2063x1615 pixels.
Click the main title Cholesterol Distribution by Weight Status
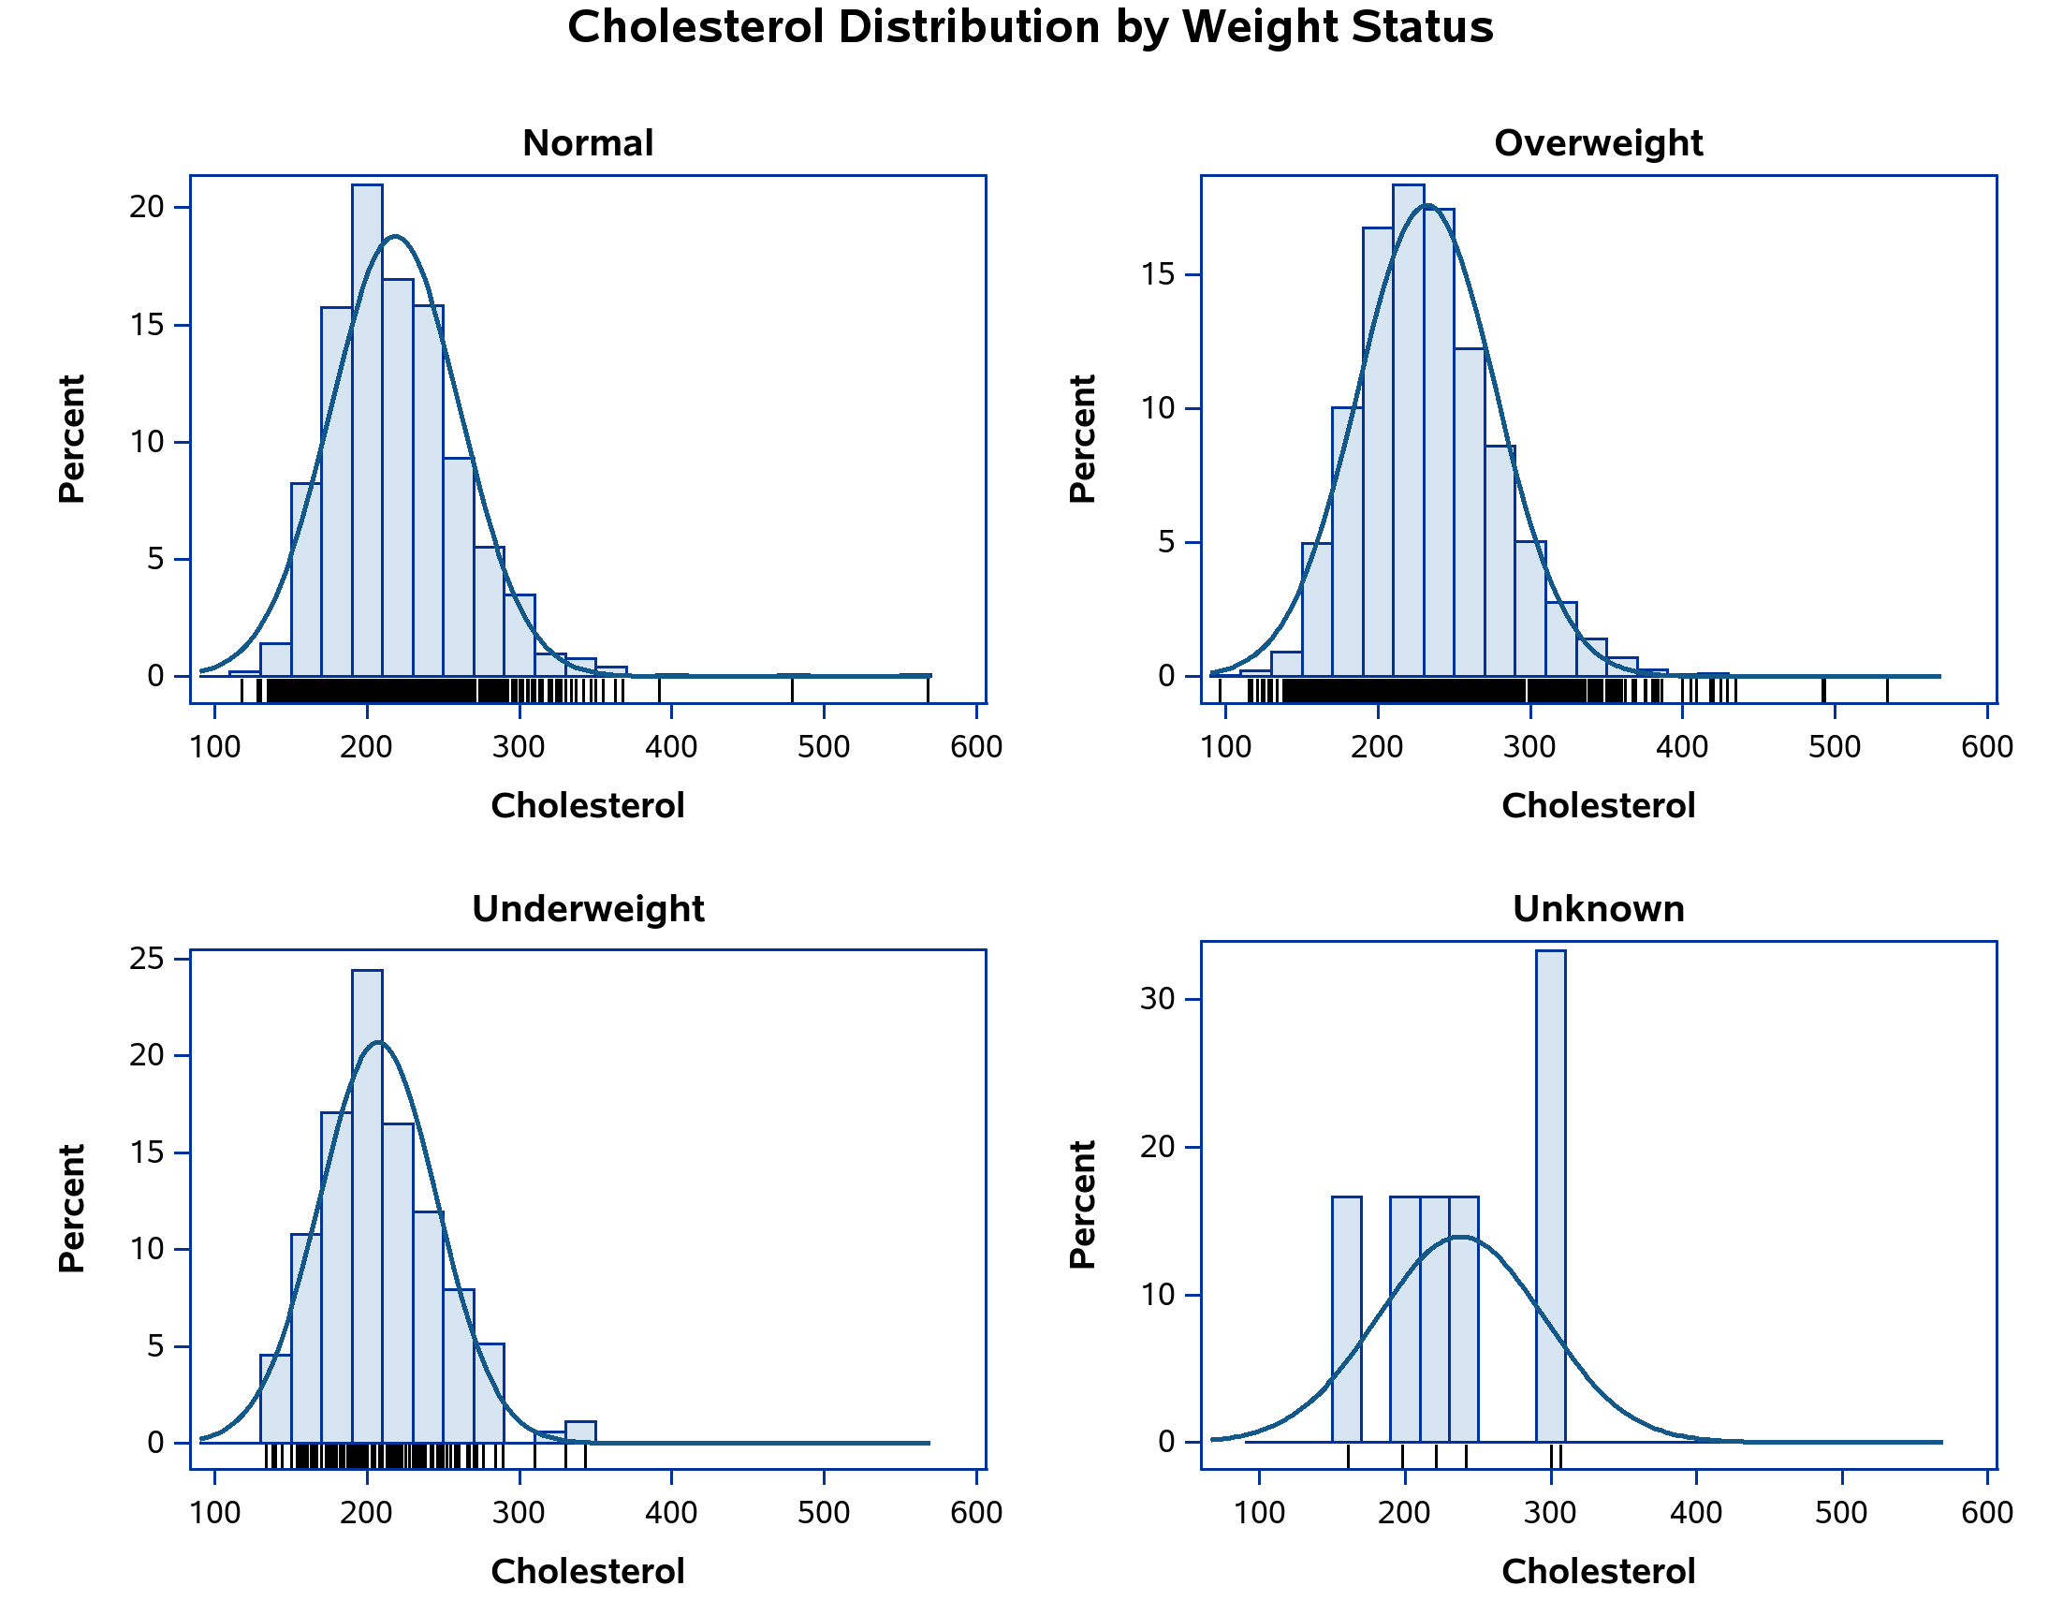point(1030,27)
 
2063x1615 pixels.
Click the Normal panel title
point(587,144)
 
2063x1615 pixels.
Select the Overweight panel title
point(1598,144)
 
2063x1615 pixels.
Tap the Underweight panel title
point(587,910)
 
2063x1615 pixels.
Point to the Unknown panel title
point(1598,910)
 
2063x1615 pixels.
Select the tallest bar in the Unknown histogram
point(1551,1197)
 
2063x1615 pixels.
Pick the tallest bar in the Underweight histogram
point(367,1206)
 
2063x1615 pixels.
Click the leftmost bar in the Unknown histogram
point(1346,1319)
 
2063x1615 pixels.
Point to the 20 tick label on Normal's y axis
point(147,207)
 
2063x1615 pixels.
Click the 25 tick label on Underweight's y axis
point(147,959)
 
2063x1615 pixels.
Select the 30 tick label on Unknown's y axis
point(1157,1000)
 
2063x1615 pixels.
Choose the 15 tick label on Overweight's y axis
point(1157,275)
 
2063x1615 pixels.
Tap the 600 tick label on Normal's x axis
point(975,748)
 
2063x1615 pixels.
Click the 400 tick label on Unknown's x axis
point(1695,1513)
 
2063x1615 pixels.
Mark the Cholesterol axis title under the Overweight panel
point(1598,806)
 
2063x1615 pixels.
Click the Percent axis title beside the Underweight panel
point(72,1209)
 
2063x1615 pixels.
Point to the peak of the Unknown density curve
point(1462,1237)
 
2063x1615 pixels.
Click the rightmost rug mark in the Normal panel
point(928,690)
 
